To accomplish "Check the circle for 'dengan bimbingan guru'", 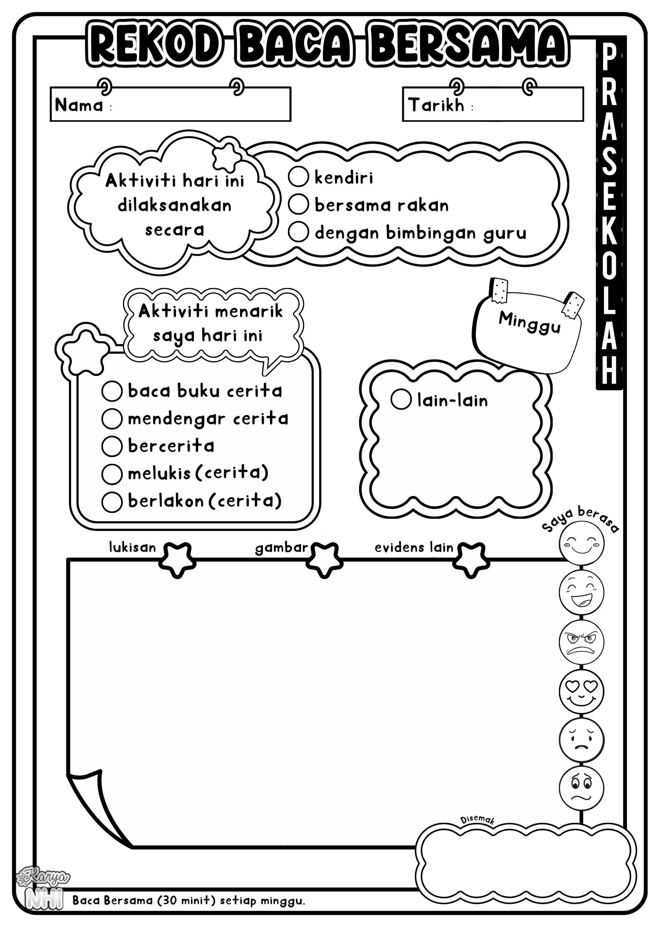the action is pos(299,232).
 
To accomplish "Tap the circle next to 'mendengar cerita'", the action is pos(112,419).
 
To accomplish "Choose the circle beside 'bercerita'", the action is pos(112,446).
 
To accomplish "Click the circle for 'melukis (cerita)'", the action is pos(112,474).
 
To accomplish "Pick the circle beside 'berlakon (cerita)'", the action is pos(112,502).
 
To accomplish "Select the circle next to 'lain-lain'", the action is pos(401,399).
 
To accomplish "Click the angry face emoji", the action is pos(582,642).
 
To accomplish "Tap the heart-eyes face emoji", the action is pos(582,692).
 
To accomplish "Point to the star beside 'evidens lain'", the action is pos(469,560).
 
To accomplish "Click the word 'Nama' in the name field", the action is pos(79,105).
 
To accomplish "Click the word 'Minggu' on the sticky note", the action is pos(530,323).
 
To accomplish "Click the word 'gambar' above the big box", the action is pos(281,548).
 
